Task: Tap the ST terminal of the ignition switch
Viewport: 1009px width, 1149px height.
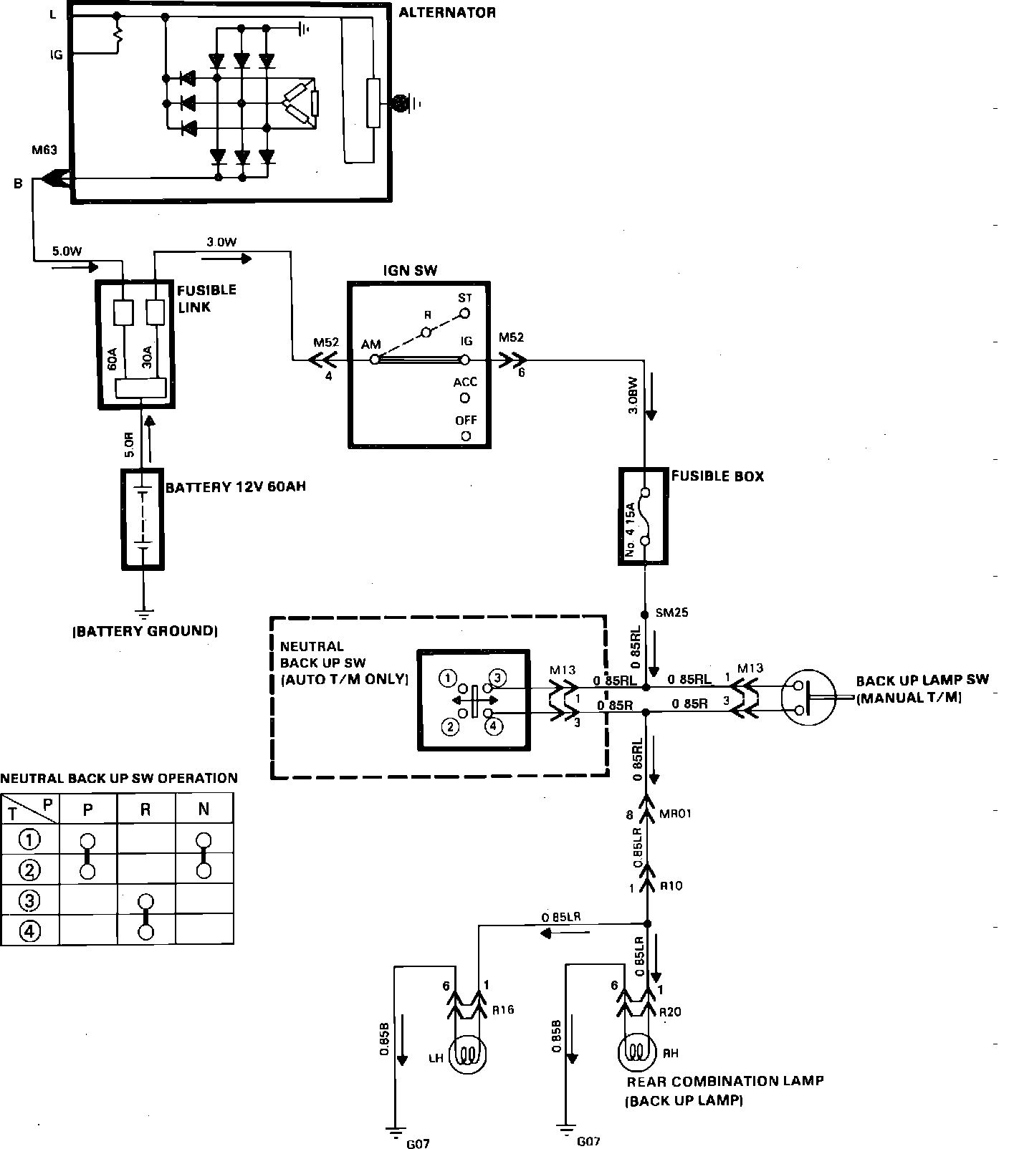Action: click(464, 313)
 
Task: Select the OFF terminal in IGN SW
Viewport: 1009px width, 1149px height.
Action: click(466, 435)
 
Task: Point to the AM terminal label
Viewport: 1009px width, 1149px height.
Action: click(370, 345)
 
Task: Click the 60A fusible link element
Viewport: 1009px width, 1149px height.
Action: click(123, 313)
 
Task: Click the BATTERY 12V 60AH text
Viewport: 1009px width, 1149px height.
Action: click(236, 487)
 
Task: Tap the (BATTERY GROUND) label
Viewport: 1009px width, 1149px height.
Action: click(144, 631)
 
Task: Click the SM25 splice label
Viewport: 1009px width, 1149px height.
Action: click(672, 613)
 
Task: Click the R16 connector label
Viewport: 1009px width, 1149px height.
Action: click(503, 1010)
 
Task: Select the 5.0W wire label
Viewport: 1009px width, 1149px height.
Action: click(67, 251)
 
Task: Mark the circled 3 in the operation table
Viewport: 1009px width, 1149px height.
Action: click(30, 900)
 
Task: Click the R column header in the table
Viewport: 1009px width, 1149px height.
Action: click(145, 809)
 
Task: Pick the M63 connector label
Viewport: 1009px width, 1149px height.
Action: click(44, 151)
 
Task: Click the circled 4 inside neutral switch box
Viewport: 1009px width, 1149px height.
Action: click(494, 726)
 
